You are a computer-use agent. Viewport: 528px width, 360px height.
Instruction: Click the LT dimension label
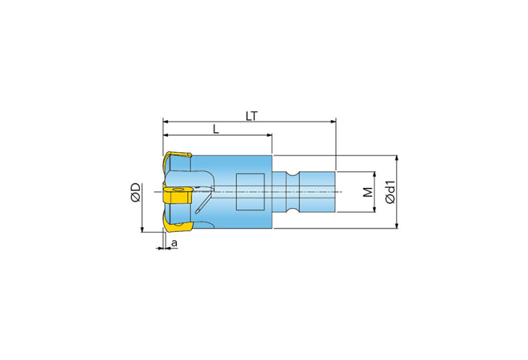[x=251, y=116]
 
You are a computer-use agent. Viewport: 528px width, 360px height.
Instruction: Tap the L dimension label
[x=216, y=129]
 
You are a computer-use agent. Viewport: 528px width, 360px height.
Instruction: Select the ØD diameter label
[x=136, y=193]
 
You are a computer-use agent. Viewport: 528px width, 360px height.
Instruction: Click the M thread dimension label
[x=368, y=192]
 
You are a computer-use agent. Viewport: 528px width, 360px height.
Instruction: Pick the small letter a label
[x=174, y=242]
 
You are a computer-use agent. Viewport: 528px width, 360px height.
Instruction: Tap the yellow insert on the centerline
[x=177, y=195]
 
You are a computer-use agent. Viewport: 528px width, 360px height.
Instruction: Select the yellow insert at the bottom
[x=177, y=226]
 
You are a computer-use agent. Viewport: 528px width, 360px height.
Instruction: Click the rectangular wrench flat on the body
[x=250, y=192]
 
